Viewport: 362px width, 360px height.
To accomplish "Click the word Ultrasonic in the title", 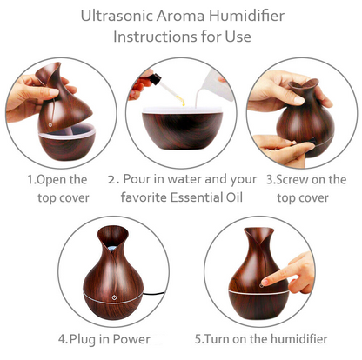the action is (x=117, y=16).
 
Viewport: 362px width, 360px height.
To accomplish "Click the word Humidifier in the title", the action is (x=246, y=16).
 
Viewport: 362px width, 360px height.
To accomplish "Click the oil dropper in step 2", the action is (x=167, y=89).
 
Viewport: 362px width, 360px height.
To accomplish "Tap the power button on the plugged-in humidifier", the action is (x=114, y=297).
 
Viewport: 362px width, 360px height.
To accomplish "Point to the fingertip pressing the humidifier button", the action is (x=265, y=282).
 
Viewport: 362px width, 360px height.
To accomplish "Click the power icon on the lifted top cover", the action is (x=50, y=124).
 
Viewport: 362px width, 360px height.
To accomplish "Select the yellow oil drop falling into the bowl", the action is (x=183, y=102).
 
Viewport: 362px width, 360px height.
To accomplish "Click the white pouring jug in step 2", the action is (x=216, y=85).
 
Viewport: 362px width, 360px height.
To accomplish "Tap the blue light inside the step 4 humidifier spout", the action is (x=112, y=248).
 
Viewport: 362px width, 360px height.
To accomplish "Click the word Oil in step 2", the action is (x=234, y=197).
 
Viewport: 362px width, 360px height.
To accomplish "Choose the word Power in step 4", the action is (x=131, y=339).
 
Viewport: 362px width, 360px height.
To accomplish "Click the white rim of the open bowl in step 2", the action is (x=183, y=110).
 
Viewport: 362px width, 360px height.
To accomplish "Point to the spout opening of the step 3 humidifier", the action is (x=304, y=84).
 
